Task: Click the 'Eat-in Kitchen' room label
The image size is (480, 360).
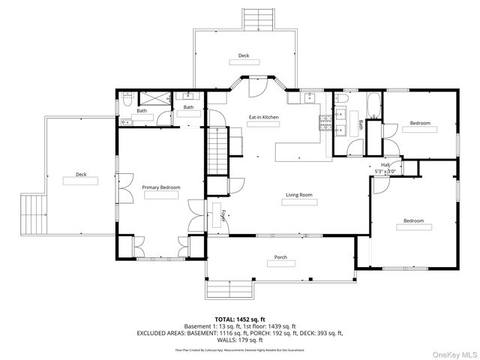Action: [264, 118]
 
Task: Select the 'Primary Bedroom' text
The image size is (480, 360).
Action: [161, 187]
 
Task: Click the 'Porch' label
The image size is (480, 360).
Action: [280, 257]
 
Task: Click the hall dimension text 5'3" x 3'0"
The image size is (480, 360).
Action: [385, 170]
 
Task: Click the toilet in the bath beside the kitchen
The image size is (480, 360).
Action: [342, 98]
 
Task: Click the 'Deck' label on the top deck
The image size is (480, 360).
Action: [244, 55]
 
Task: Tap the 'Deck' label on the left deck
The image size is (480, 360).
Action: [80, 175]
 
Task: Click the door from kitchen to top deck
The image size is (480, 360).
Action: [256, 88]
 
